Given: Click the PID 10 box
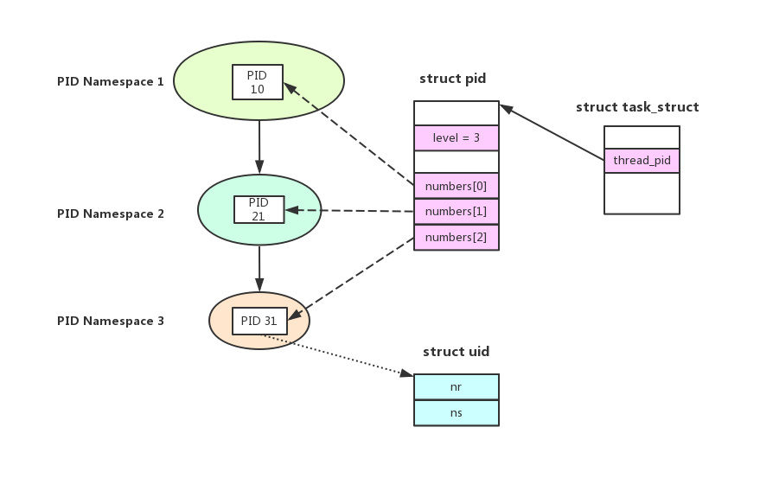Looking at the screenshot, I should click(258, 81).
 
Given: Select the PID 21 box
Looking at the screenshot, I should click(259, 209).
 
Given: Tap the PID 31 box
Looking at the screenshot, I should click(259, 321).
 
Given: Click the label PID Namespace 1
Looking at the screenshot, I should click(111, 82).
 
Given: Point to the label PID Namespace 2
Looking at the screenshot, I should click(111, 214).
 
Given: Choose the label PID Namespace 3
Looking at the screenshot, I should click(111, 321).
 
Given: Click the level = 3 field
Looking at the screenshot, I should click(457, 138).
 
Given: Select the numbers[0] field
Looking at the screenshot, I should click(457, 186).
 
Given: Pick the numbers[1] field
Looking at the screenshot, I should click(457, 212).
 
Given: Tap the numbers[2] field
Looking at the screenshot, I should click(457, 238).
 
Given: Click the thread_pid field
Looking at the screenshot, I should click(642, 161).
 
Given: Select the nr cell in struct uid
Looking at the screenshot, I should click(457, 387).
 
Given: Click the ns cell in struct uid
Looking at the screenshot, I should click(457, 413).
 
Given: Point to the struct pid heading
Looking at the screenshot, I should click(452, 79).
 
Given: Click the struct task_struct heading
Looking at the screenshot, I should click(637, 107).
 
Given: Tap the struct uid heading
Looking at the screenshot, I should click(456, 352).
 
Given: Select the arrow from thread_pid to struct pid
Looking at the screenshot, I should click(552, 133).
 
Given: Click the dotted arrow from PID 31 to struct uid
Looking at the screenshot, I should click(337, 355).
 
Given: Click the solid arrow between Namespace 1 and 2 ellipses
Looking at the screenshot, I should click(259, 147).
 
